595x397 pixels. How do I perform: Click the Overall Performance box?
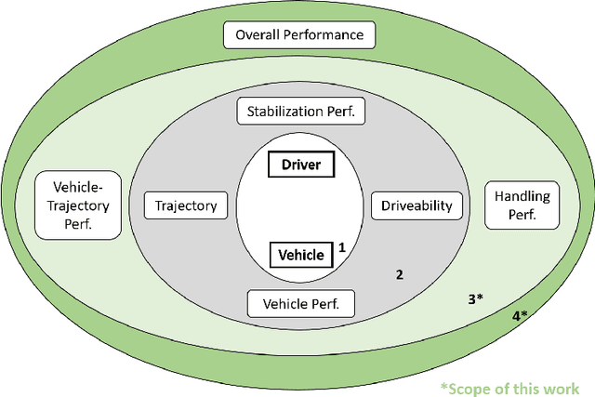(298, 36)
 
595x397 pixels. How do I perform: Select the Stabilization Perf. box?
(300, 112)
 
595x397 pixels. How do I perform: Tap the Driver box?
(300, 165)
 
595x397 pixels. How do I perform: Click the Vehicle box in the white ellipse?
(300, 254)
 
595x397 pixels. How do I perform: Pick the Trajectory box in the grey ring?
(187, 205)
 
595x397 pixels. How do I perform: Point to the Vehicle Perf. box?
(300, 302)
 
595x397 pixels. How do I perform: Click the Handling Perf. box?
(522, 205)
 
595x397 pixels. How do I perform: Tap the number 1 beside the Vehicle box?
(341, 247)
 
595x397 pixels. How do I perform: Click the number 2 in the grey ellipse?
(400, 274)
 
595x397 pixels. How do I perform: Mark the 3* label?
(474, 299)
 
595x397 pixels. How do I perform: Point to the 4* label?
(519, 316)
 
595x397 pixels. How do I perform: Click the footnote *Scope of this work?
(509, 388)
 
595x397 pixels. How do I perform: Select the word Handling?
(522, 196)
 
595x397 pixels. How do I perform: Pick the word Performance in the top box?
(325, 36)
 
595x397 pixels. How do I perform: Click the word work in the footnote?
(562, 388)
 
